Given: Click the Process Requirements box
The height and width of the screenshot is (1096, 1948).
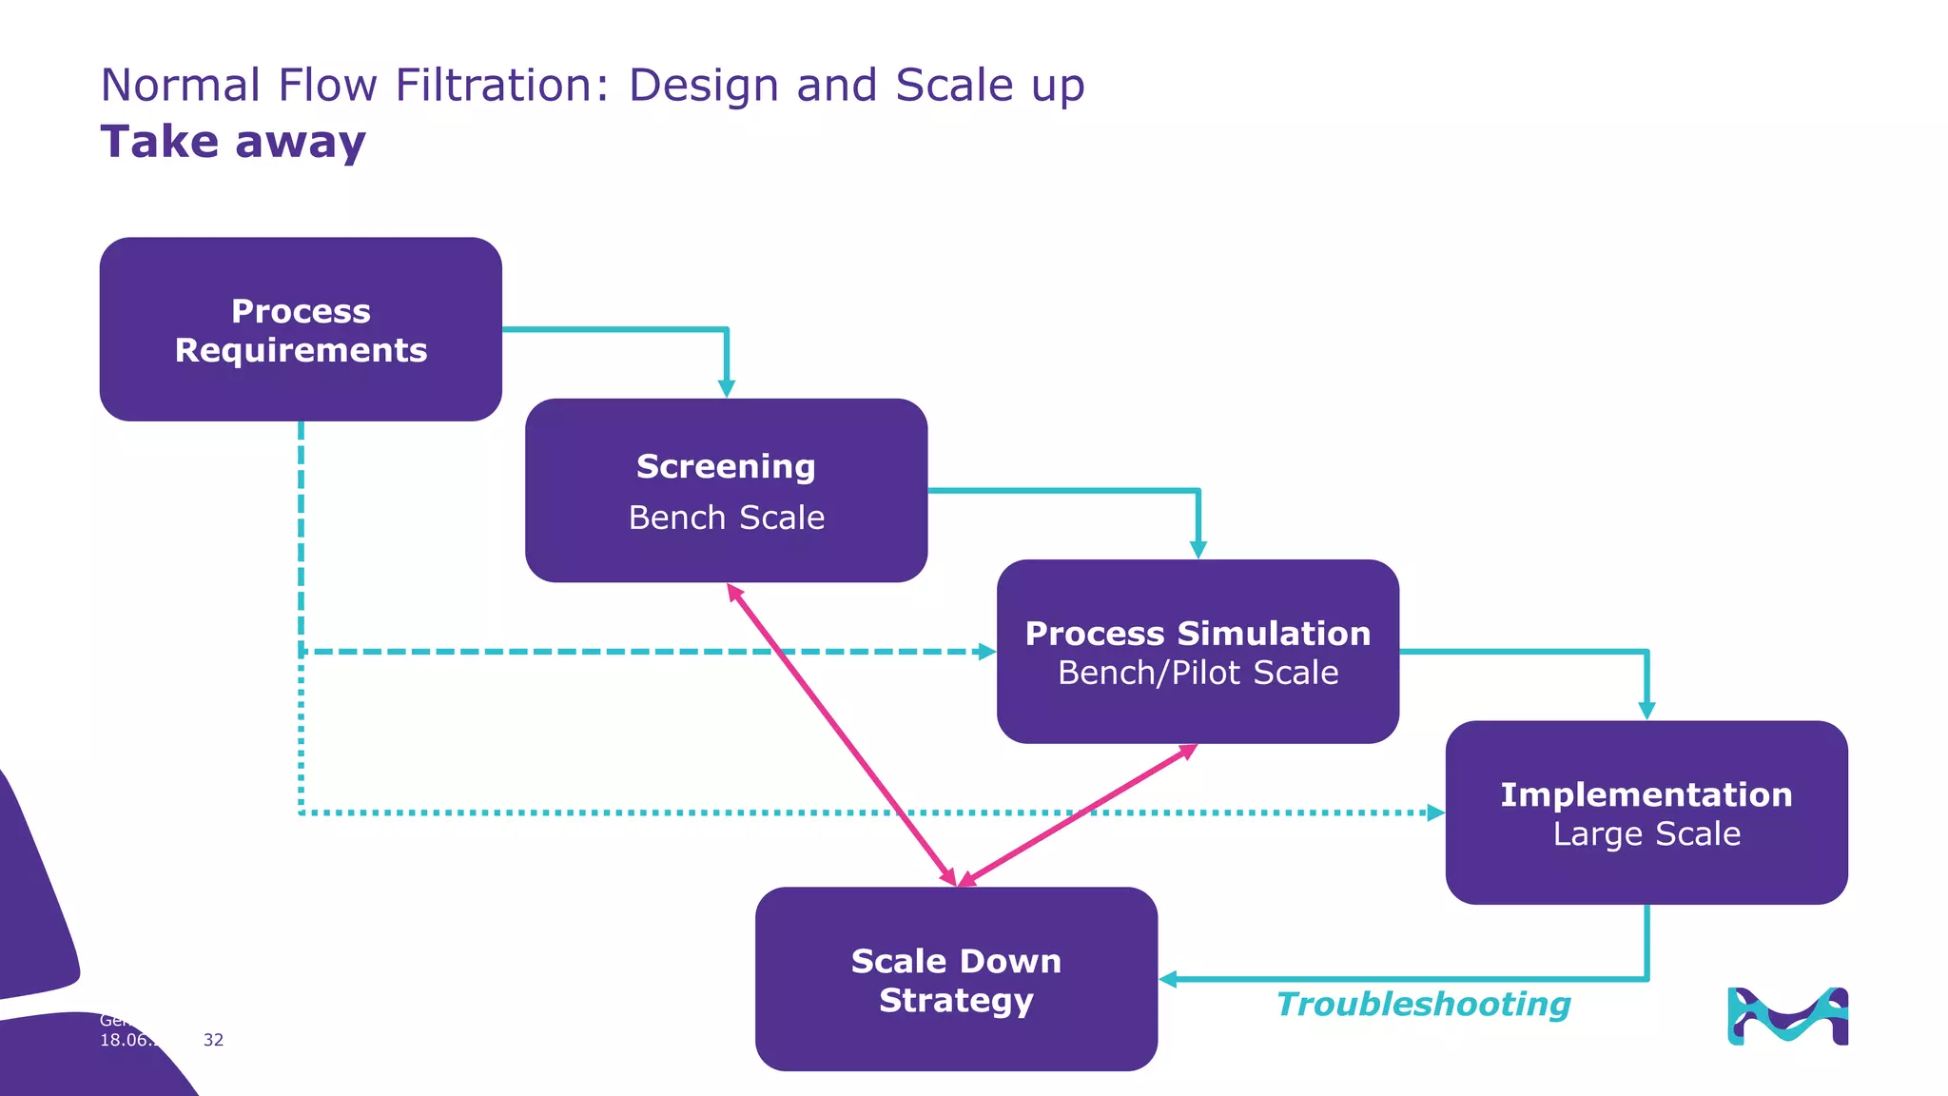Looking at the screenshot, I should [x=301, y=329].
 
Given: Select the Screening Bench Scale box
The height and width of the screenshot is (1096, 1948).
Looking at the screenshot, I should [x=726, y=490].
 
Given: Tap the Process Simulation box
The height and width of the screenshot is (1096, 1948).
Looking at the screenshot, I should [x=1198, y=651].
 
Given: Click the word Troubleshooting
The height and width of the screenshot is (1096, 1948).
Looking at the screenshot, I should [x=1423, y=1005].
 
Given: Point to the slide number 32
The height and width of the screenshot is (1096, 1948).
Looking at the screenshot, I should [x=213, y=1040].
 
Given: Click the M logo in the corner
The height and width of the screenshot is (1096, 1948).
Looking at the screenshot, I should [x=1787, y=1016].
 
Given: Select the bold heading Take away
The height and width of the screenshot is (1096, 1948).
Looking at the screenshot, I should [x=233, y=142].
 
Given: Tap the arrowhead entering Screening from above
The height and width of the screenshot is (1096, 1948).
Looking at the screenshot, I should [x=727, y=389].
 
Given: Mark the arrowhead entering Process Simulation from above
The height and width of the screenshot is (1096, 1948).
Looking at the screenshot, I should [x=1198, y=550].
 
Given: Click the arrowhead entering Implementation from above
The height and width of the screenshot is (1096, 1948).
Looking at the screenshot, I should [x=1647, y=711].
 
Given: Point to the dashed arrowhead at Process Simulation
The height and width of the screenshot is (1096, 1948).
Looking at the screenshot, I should [x=987, y=652].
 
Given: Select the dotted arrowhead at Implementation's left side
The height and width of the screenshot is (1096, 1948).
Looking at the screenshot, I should [x=1436, y=812].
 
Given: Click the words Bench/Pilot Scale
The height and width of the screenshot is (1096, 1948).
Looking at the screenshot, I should [x=1198, y=673].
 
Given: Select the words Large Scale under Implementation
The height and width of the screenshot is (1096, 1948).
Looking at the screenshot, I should [x=1646, y=834].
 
